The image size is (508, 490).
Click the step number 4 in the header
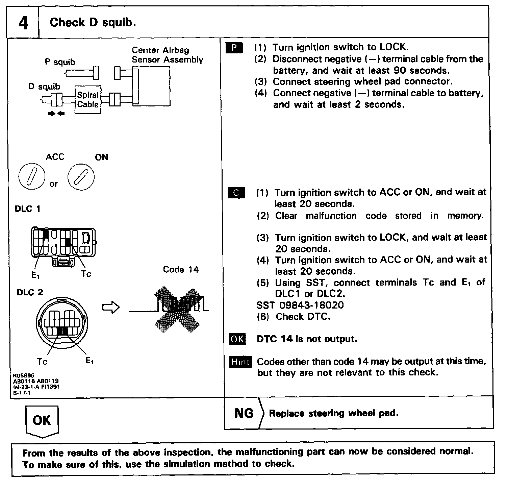pos(23,23)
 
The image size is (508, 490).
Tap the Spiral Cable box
pos(87,100)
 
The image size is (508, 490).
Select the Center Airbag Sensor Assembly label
pos(167,55)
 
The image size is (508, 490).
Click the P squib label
pos(60,62)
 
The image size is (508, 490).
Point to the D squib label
pos(44,87)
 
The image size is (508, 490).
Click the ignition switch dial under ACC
pos(32,177)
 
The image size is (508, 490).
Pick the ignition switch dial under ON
pos(81,177)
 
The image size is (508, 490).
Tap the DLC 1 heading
pos(27,209)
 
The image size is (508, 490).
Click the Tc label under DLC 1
pos(86,274)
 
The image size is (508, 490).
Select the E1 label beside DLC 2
pos(90,361)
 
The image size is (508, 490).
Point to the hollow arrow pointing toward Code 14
pos(111,308)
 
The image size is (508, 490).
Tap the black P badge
pos(234,48)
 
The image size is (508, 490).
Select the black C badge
pos(236,193)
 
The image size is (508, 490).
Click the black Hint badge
pos(240,362)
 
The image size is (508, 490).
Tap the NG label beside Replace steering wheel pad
pos(244,413)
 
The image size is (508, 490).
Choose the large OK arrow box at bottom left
pos(42,421)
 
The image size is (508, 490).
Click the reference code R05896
pos(24,375)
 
